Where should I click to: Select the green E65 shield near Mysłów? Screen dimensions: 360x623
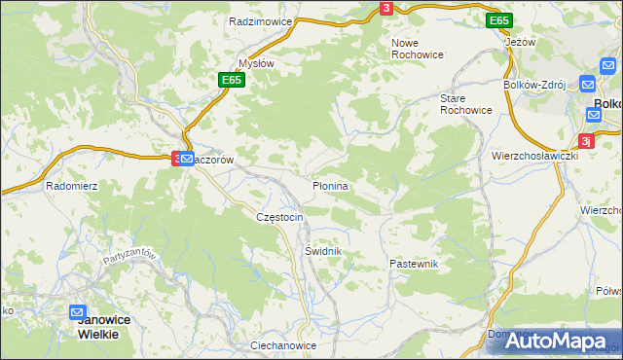click(x=231, y=80)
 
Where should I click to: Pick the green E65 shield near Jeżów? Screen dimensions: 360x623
click(x=499, y=20)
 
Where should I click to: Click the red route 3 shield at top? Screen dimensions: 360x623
click(x=386, y=9)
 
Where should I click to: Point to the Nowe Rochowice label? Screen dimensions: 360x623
click(x=418, y=49)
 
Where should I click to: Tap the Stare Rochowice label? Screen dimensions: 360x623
click(x=465, y=105)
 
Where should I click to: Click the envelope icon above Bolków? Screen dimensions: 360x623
click(x=589, y=85)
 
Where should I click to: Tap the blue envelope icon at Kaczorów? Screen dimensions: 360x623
click(x=186, y=158)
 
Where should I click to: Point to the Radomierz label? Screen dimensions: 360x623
click(x=71, y=185)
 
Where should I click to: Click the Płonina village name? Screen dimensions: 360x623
click(x=330, y=185)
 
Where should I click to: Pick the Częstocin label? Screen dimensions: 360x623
click(x=279, y=216)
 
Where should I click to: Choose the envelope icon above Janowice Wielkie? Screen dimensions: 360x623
click(x=79, y=312)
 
